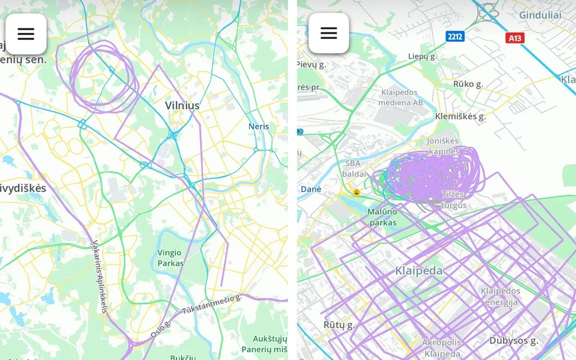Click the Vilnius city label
182,105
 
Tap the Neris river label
259,126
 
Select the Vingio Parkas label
170,258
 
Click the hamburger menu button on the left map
26,34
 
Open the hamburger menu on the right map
329,33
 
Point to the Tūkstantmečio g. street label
212,305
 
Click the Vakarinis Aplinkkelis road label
99,276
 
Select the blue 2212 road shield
455,36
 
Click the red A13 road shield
515,38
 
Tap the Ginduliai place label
540,15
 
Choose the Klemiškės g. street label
460,116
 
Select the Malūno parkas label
382,217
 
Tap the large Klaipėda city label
419,271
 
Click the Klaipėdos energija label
501,297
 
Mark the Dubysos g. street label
513,341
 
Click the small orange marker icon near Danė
356,192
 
